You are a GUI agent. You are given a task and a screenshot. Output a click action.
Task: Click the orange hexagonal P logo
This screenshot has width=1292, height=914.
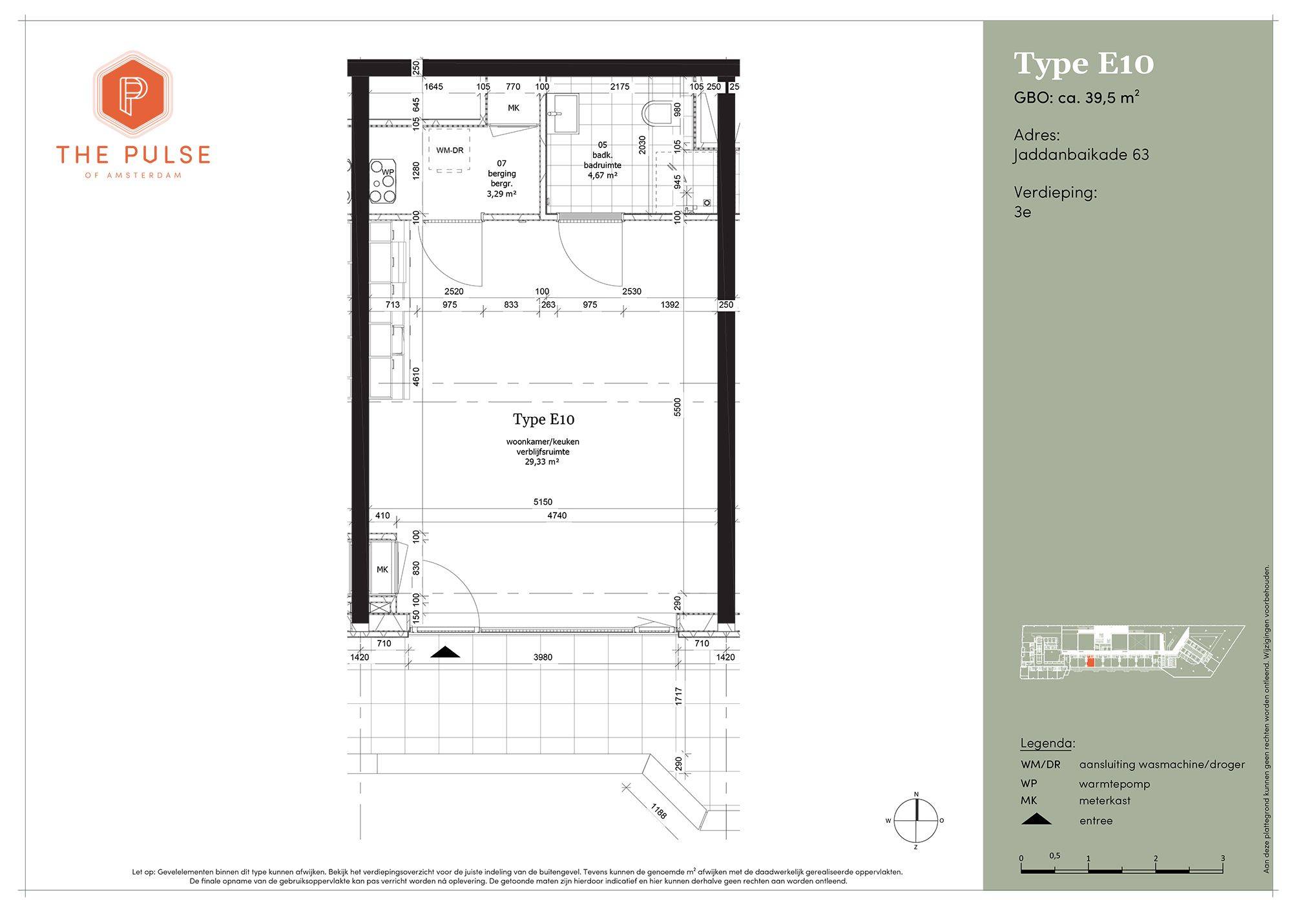tap(132, 94)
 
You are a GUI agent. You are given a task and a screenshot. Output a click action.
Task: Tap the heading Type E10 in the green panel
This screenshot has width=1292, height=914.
tap(1084, 64)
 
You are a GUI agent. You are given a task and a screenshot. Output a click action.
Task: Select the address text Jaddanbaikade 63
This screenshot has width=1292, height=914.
tap(1081, 155)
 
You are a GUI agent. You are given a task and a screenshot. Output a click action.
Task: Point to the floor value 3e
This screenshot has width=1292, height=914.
tap(1023, 212)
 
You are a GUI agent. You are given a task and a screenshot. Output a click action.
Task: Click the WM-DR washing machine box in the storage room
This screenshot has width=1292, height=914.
tap(450, 150)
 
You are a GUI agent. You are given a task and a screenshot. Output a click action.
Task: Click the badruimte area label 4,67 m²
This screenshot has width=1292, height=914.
tap(602, 175)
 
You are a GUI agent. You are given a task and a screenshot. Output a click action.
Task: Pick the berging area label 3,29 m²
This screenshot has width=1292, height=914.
tap(501, 193)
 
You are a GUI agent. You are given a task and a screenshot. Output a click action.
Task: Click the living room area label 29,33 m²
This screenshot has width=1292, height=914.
tap(542, 462)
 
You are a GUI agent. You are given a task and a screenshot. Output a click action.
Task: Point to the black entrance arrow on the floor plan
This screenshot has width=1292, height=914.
tap(445, 652)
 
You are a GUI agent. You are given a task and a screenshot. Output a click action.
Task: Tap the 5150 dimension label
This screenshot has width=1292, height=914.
tap(543, 502)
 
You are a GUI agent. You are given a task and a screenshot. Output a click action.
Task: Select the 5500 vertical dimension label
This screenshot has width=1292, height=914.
tap(677, 407)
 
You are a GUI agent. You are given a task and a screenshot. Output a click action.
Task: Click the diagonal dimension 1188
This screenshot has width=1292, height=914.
tap(658, 811)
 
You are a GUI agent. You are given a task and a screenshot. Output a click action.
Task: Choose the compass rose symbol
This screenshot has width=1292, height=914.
tap(915, 820)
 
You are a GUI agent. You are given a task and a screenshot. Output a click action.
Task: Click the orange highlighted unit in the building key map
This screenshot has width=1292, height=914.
tap(1090, 661)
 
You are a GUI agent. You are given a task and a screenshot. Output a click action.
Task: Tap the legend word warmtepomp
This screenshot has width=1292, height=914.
tap(1114, 784)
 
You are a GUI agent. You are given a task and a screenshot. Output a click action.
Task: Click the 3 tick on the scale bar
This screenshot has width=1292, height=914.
tap(1223, 858)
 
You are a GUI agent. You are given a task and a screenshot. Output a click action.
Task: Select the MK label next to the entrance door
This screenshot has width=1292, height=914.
tap(382, 569)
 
